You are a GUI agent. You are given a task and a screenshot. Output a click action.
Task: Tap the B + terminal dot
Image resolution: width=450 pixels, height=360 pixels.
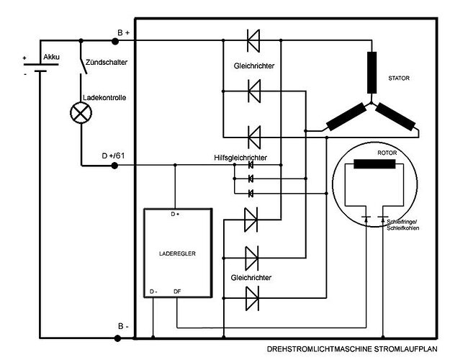(x=115, y=42)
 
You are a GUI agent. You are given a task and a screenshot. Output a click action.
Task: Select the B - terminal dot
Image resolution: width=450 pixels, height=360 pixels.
(x=115, y=336)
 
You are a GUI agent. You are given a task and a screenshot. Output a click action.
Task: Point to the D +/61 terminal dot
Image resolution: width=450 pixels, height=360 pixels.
(x=115, y=166)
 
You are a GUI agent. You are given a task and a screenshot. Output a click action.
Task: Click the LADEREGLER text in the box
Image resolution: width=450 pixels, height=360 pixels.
(x=176, y=253)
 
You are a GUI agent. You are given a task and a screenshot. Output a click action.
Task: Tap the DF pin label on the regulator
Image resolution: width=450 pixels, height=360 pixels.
(x=177, y=292)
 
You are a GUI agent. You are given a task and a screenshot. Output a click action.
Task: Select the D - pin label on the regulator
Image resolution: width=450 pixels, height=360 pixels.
(x=153, y=292)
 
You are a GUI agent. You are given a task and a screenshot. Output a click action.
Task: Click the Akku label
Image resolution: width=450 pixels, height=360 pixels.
(x=52, y=56)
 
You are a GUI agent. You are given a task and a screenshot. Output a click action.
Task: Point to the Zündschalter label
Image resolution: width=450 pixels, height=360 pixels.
(x=107, y=63)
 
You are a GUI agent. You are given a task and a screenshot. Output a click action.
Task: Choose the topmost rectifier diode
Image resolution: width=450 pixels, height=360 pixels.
(x=253, y=42)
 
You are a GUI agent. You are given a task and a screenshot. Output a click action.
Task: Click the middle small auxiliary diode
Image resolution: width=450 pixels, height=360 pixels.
(x=251, y=179)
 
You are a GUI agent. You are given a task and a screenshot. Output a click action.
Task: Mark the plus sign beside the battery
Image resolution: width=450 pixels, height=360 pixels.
(x=24, y=58)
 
